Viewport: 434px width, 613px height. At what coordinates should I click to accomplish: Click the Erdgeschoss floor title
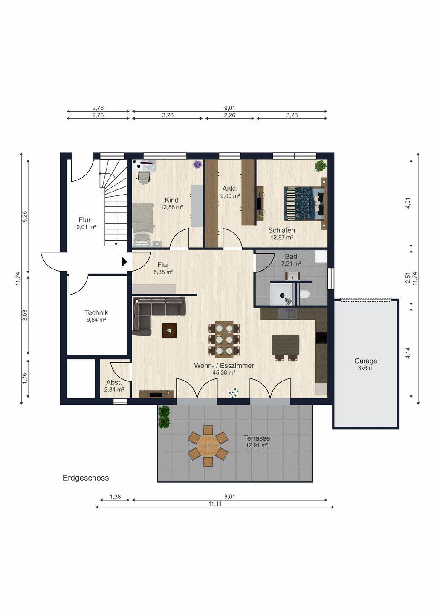click(x=86, y=478)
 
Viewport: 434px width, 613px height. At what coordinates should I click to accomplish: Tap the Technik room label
click(x=96, y=312)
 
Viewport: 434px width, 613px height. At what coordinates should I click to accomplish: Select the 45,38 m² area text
click(x=224, y=372)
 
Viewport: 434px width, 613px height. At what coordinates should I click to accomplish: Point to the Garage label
click(x=365, y=361)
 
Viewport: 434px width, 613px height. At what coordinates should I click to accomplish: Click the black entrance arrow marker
click(x=124, y=262)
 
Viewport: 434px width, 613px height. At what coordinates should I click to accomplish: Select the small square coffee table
click(x=169, y=331)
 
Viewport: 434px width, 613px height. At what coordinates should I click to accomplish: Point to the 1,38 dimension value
click(x=115, y=497)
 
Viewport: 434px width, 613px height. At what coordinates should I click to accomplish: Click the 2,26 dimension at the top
click(x=230, y=115)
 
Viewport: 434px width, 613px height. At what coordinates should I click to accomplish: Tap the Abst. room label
click(x=114, y=382)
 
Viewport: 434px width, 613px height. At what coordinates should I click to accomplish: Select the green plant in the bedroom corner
click(x=321, y=166)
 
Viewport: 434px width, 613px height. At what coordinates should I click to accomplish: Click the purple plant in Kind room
click(x=197, y=164)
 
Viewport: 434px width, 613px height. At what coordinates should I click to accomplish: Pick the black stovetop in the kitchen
click(x=321, y=338)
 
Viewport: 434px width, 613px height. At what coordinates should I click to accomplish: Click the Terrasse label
click(x=257, y=438)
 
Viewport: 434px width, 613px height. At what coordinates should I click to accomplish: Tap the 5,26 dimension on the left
click(x=25, y=217)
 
